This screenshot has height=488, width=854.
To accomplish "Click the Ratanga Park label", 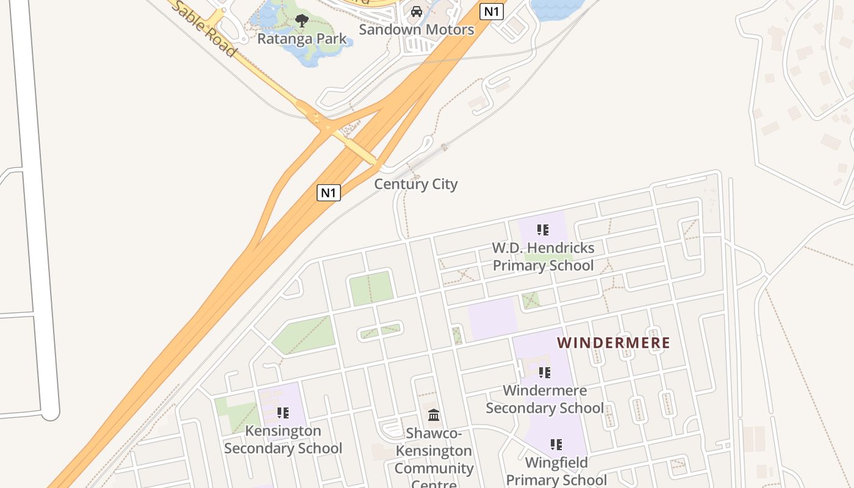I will point(301,39).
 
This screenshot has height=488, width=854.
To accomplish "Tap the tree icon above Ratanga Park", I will point(301,21).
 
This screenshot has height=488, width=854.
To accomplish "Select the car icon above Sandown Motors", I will point(417,12).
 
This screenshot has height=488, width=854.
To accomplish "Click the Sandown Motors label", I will point(416,29).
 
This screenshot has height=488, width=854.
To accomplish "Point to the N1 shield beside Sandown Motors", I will point(491,11).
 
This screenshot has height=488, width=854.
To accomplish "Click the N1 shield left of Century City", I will point(329,193).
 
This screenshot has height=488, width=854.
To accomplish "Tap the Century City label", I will point(415,184).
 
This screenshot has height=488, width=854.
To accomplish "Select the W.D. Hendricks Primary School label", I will point(543,257).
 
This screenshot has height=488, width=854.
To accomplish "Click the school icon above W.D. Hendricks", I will point(543,230).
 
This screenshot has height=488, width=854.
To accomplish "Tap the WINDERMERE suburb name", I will point(613,343).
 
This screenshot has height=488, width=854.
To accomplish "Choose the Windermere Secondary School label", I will point(545,399).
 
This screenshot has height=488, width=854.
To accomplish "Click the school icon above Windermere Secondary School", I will point(545,372).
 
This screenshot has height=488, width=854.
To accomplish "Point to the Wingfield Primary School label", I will point(556,471).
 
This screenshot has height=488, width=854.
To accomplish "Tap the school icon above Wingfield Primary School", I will point(556,445).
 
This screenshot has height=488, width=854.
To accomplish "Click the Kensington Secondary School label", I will point(283,439).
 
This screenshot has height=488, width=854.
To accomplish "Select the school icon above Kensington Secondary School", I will point(283,413).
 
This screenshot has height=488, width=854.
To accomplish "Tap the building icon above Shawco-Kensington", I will point(434,415).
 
